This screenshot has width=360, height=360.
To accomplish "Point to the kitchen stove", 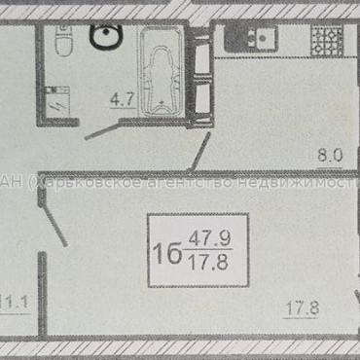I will pyautogui.click(x=325, y=39).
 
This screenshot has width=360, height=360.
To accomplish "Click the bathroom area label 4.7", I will pyautogui.click(x=120, y=97).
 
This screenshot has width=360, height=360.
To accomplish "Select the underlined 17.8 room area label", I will pyautogui.click(x=301, y=312).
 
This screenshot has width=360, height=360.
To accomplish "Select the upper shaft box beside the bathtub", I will pyautogui.click(x=202, y=58).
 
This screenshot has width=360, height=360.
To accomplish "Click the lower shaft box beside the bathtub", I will pyautogui.click(x=202, y=97).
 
